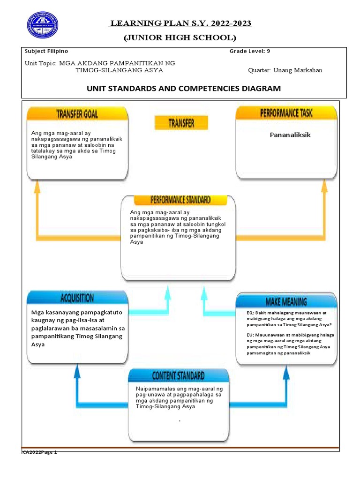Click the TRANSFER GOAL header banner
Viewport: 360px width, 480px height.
(x=77, y=113)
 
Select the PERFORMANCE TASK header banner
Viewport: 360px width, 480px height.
(x=286, y=112)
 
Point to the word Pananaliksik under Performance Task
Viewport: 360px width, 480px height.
(x=290, y=135)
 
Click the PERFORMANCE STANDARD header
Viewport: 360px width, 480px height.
(x=180, y=200)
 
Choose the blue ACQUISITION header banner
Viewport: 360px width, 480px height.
(x=77, y=298)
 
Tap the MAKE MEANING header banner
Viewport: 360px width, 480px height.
(x=286, y=301)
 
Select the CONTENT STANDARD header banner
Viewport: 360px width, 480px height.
(x=178, y=375)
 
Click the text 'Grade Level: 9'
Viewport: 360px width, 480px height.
(x=248, y=51)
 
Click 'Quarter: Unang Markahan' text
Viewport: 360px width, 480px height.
(x=285, y=70)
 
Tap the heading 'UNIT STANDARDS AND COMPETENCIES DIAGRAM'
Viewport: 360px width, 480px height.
(x=184, y=88)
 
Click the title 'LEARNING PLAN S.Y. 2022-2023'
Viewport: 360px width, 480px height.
(x=180, y=24)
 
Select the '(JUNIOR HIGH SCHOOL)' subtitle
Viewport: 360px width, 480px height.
(x=180, y=37)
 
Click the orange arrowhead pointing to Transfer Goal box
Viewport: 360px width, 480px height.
(x=36, y=187)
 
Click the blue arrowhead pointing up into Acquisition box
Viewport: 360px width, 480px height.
(x=77, y=372)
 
